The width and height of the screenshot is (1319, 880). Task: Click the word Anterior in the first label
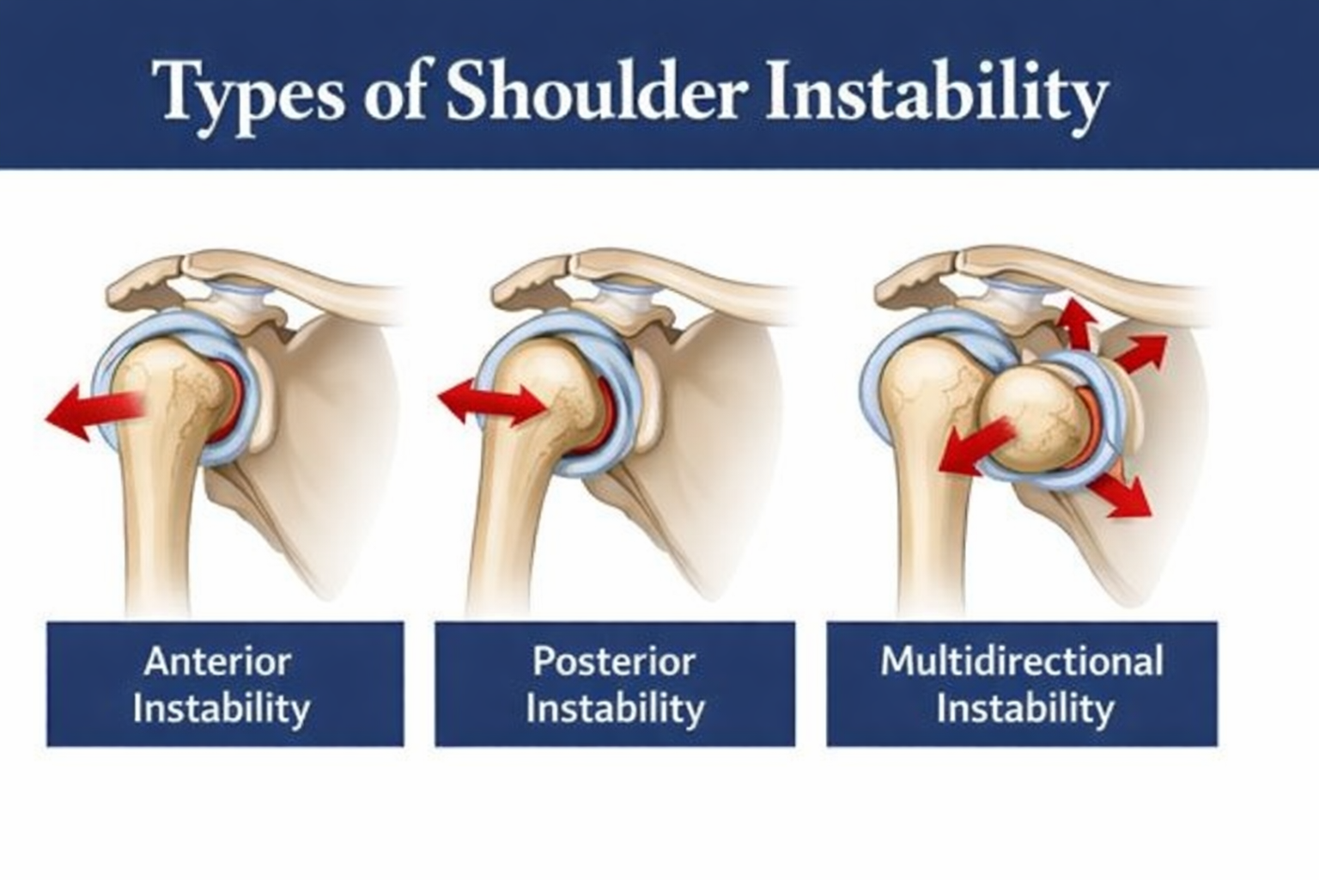(217, 662)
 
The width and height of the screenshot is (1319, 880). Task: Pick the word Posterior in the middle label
(614, 662)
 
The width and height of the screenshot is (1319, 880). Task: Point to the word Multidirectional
(1022, 661)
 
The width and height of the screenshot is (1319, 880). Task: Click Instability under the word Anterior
(222, 708)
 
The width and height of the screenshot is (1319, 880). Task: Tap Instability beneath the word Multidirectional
(1024, 708)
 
